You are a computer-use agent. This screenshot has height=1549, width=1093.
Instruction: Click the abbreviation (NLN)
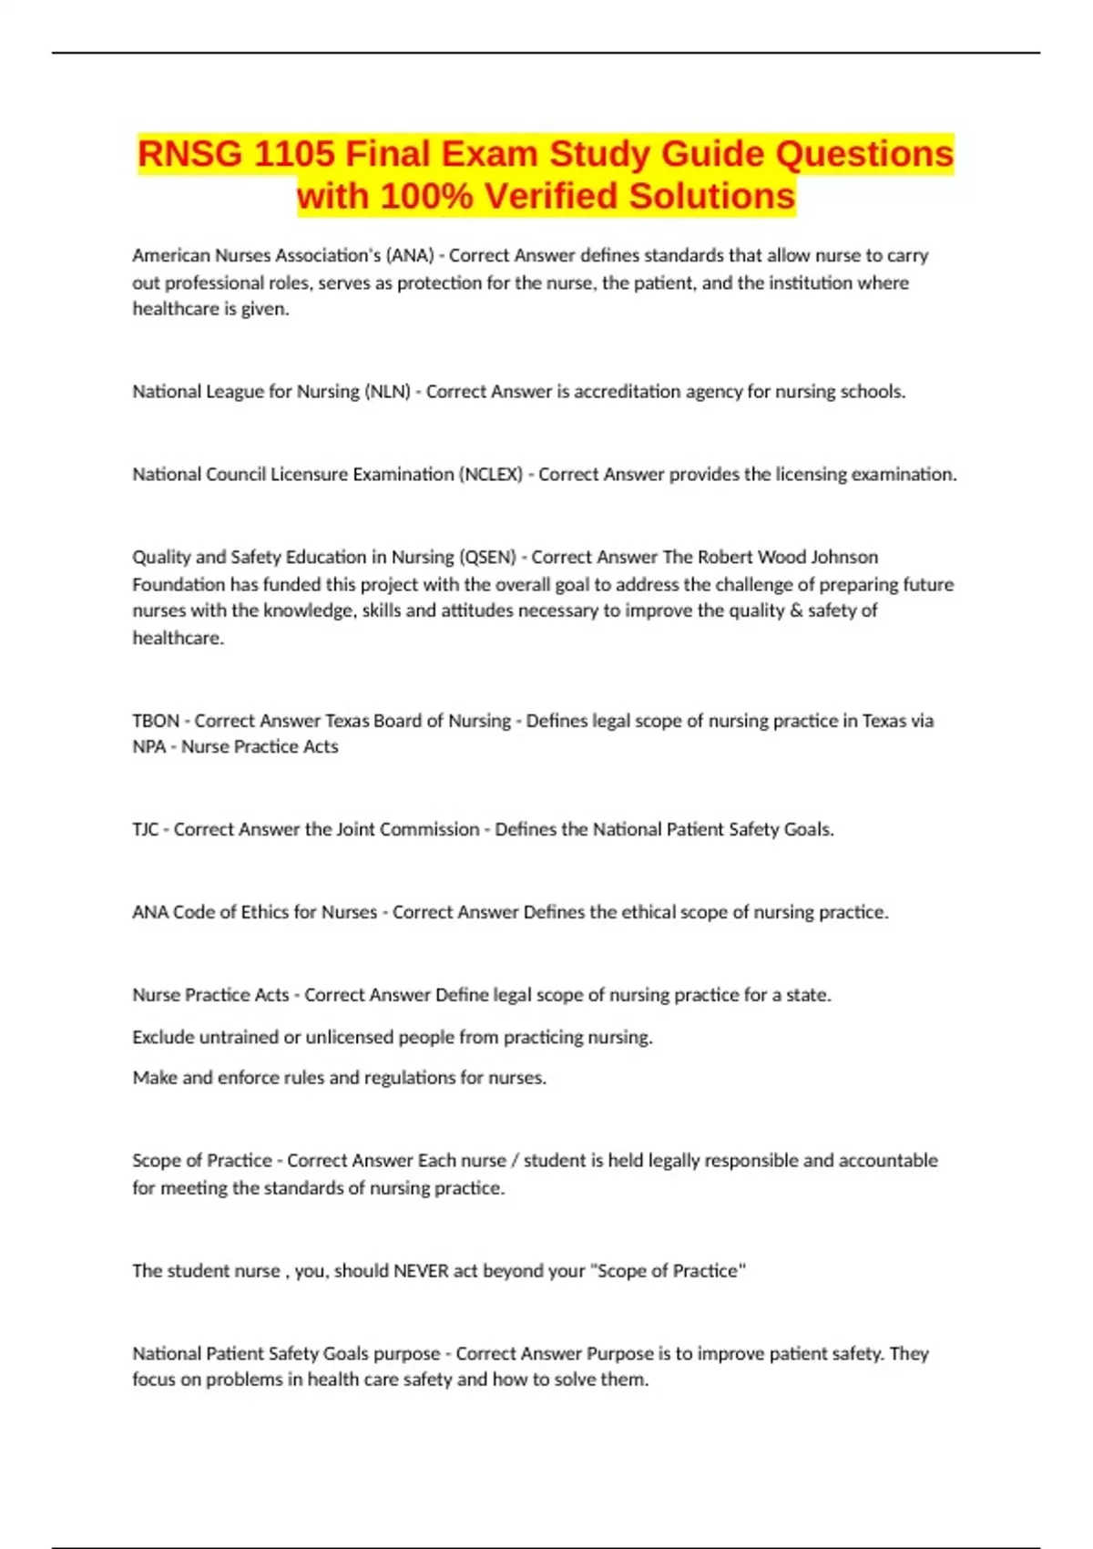pos(387,392)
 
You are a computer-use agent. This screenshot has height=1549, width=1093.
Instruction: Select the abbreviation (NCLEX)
pos(491,475)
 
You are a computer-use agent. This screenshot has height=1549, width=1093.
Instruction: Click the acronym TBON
pos(156,721)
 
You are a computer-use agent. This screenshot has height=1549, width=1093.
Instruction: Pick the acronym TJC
pos(145,829)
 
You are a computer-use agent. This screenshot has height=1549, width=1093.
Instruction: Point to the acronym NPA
pos(149,747)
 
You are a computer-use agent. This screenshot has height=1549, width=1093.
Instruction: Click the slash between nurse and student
pos(516,1161)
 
